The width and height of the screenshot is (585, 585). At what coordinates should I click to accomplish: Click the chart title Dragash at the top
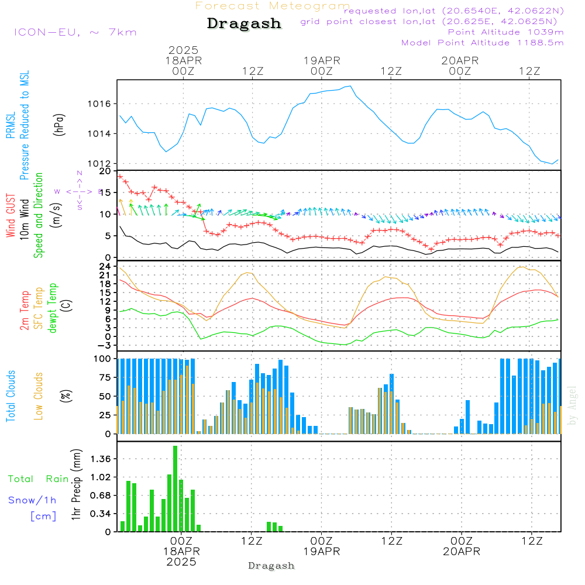coord(244,24)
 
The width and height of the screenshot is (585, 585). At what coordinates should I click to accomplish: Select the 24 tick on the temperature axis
coord(106,266)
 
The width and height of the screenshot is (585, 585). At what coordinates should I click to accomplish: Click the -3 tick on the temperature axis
coord(106,345)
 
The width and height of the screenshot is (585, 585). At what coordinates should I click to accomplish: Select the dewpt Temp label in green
coord(53,308)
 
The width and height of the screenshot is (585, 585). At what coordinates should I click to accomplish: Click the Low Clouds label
coord(39,396)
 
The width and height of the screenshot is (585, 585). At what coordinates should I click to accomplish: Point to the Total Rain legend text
coord(38,479)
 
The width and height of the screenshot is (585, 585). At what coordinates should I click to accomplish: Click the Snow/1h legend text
coord(32,500)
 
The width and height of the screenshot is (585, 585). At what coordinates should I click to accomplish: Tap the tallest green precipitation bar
coord(175,488)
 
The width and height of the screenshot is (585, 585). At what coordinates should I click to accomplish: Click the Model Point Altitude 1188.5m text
coord(482,43)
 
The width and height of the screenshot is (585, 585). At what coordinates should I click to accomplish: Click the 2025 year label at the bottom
coord(181,562)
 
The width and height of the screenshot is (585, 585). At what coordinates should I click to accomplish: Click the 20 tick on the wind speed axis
coord(106,171)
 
